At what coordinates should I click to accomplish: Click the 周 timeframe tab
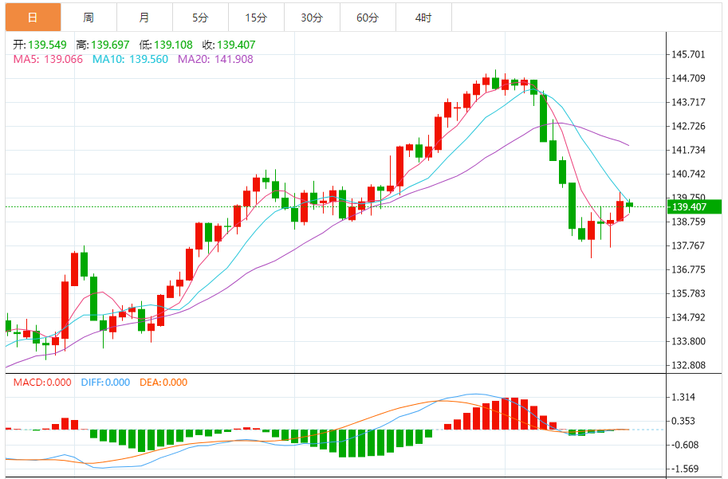point(88,17)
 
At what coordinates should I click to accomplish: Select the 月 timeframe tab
point(144,17)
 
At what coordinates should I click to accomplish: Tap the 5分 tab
point(199,17)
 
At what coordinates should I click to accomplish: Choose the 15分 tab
point(256,17)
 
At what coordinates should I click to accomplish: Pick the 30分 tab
point(312,17)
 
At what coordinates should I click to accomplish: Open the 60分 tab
point(368,17)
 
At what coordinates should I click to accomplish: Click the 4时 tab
point(423,17)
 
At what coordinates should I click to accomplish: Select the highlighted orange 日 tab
point(32,17)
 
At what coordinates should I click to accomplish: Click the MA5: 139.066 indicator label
point(48,59)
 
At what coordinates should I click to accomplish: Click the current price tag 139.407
point(691,207)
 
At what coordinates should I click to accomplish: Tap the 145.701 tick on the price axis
point(689,55)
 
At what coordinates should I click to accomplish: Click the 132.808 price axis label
point(689,366)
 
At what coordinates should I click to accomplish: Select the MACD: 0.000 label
point(43,383)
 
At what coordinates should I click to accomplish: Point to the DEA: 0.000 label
point(163,383)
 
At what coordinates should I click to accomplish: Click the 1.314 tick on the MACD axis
point(684,397)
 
